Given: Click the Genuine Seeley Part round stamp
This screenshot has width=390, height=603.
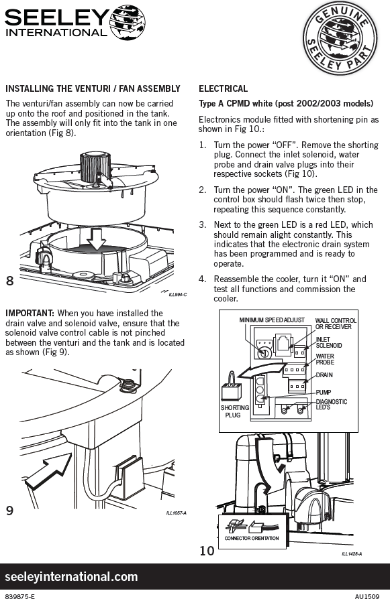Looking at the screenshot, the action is [x=340, y=38].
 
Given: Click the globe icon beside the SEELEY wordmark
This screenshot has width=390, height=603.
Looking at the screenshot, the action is [x=128, y=23].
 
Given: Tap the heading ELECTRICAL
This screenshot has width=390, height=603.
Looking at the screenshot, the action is [x=223, y=89].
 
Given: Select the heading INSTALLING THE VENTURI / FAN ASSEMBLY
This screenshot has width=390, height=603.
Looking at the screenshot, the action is [x=93, y=89].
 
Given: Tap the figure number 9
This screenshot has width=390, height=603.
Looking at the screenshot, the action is [x=9, y=511].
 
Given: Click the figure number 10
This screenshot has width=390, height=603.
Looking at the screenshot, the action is [x=207, y=551].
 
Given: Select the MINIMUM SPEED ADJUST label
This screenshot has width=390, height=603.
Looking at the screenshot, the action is [x=272, y=320].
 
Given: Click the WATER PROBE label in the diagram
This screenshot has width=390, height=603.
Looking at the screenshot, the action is [x=325, y=359].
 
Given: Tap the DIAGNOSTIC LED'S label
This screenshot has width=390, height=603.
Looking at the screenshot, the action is [x=332, y=404].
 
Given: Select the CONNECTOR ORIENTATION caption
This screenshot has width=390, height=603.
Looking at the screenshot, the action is [x=252, y=538].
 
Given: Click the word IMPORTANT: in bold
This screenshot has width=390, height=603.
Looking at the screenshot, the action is [x=30, y=314].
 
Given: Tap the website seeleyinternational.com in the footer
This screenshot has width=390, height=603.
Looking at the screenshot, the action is [x=71, y=576].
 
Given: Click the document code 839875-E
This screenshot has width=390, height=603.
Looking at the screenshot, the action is [x=21, y=596].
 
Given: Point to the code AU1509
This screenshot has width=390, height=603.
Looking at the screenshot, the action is [x=367, y=596].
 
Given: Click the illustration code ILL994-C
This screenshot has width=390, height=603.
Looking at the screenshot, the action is [x=178, y=295].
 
